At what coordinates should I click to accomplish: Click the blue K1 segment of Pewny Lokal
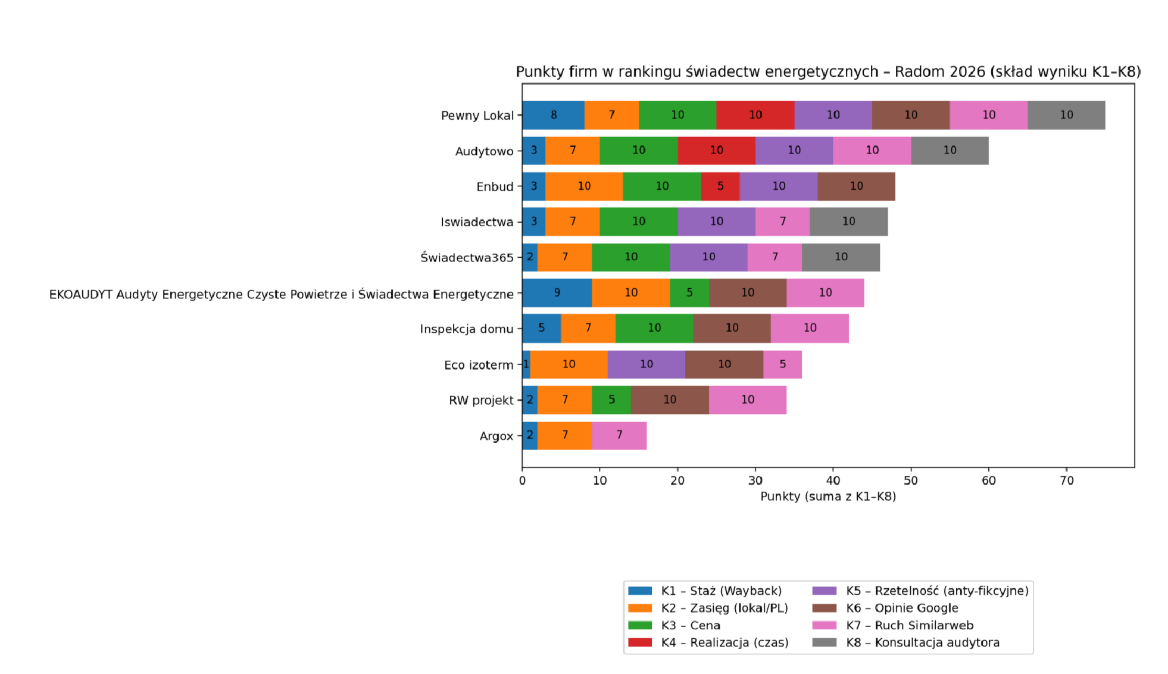tap(553, 115)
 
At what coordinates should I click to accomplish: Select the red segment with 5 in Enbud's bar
tap(720, 186)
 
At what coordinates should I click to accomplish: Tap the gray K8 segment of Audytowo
tap(950, 151)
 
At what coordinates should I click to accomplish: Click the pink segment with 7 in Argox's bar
tap(619, 435)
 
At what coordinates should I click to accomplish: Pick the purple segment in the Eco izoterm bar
tap(646, 364)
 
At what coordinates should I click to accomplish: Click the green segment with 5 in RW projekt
tap(611, 400)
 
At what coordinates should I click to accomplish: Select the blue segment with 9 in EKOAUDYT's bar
tap(557, 293)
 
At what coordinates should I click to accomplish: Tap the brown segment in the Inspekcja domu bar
tap(732, 328)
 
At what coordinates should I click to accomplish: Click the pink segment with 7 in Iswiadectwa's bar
tap(782, 221)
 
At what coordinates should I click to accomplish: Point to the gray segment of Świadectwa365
tap(841, 257)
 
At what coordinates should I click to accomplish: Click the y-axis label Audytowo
tap(484, 151)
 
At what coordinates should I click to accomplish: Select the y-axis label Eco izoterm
tap(478, 365)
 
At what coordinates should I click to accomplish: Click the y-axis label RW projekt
tap(481, 400)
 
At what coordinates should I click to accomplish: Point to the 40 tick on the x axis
tap(833, 480)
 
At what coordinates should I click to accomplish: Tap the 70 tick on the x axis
tap(1066, 480)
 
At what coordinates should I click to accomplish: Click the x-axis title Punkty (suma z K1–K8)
tap(827, 497)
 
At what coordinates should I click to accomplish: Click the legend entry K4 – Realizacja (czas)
tap(724, 642)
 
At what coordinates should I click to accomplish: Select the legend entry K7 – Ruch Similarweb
tap(909, 625)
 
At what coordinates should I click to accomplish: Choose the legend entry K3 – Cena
tap(690, 625)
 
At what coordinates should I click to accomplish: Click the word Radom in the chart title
tap(920, 72)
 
